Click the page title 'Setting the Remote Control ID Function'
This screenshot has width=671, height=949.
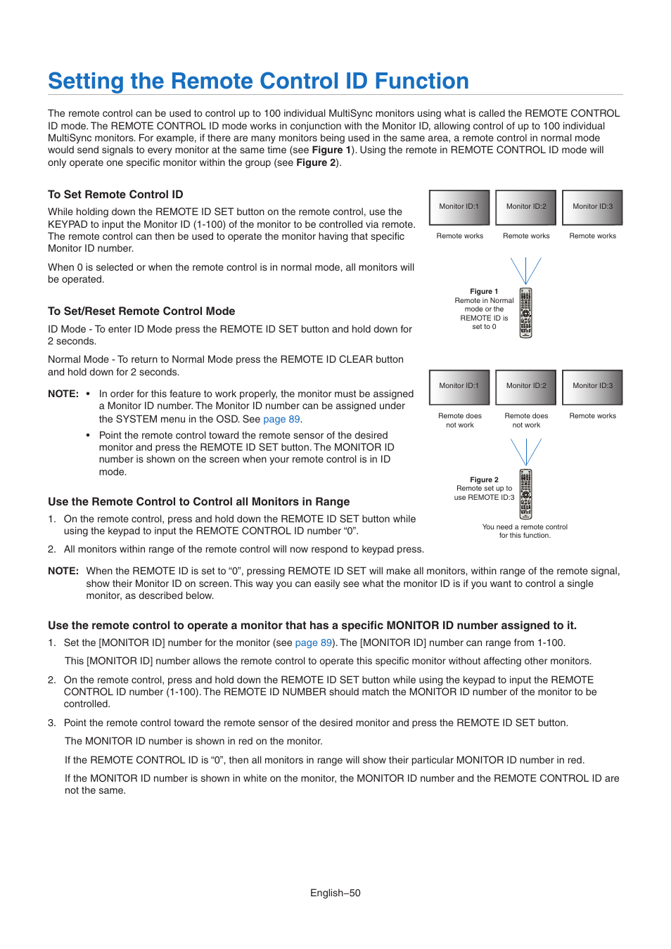[258, 82]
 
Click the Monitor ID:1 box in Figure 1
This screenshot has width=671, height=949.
[459, 207]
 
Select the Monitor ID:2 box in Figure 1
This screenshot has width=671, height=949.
[525, 207]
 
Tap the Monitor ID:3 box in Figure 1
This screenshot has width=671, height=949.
[592, 207]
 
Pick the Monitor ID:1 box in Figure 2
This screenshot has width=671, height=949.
[459, 387]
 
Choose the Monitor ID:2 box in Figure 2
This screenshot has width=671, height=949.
[525, 387]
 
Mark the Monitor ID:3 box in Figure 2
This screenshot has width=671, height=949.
[592, 387]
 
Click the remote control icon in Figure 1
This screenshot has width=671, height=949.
[525, 313]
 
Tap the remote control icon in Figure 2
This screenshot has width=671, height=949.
[525, 493]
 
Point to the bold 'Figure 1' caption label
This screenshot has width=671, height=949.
[484, 292]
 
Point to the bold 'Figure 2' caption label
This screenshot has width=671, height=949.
[484, 480]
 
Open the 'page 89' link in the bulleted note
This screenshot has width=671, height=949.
[281, 419]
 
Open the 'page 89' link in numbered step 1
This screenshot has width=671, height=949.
[313, 643]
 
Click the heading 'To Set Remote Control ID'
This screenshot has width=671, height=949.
[115, 195]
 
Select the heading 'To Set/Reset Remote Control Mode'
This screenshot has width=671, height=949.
[141, 311]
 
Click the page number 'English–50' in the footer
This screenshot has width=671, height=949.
[335, 893]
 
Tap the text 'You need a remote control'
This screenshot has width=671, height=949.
[525, 527]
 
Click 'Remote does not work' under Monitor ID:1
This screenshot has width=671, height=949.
[460, 420]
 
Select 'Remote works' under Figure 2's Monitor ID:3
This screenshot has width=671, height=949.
[592, 416]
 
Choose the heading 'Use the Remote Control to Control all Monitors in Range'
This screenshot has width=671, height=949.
[198, 502]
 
